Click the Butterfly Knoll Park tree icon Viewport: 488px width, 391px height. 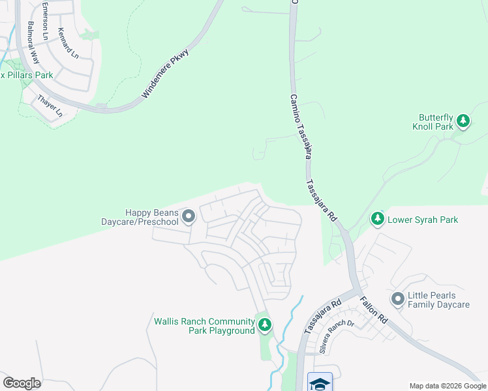(x=463, y=121)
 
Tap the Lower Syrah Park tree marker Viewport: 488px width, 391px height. (x=377, y=219)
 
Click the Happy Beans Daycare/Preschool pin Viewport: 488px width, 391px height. (x=189, y=216)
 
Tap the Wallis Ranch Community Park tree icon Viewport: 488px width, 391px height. (x=264, y=325)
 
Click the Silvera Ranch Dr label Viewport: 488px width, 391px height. (x=337, y=336)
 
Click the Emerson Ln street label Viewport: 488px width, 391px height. (x=45, y=21)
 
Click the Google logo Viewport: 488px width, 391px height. (x=22, y=383)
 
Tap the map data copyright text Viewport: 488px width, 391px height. (x=448, y=386)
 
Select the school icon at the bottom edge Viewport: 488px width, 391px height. (x=320, y=382)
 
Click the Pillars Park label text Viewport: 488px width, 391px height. (x=29, y=76)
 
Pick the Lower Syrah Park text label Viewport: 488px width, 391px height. (x=423, y=220)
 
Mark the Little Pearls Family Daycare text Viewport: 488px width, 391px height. (x=438, y=300)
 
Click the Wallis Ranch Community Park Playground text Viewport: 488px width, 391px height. (x=204, y=326)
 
